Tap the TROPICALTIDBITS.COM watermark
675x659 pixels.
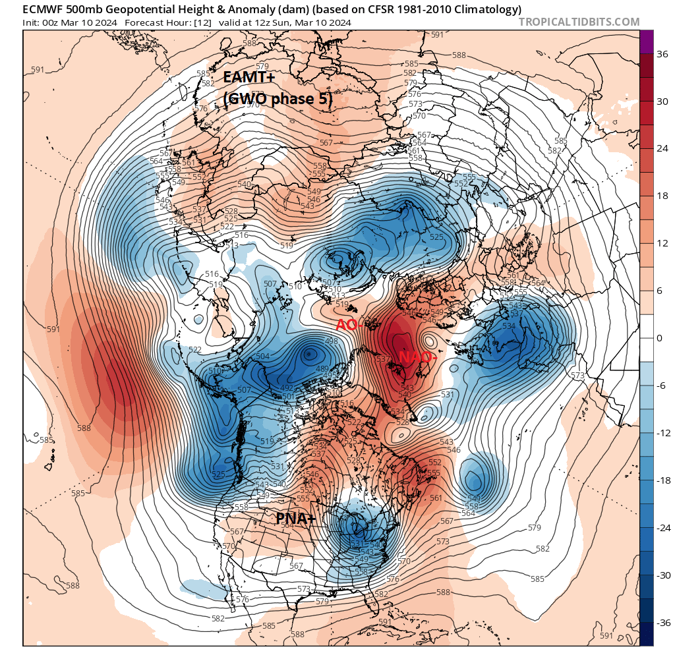click(x=579, y=22)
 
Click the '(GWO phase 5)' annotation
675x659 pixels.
click(x=277, y=98)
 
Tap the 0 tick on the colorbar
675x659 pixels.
click(x=659, y=338)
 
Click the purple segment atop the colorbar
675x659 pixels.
click(x=647, y=42)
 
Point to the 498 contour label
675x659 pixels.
click(x=331, y=341)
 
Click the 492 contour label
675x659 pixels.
click(x=287, y=388)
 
